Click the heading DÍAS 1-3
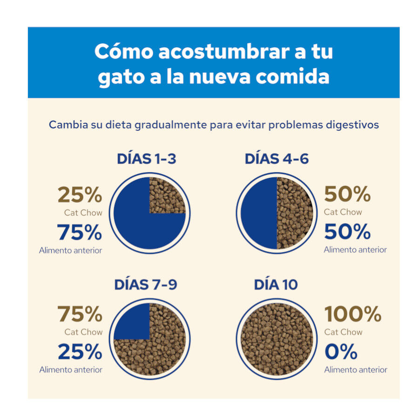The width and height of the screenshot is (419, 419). coord(146,159)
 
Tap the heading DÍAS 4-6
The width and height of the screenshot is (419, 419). coord(277,159)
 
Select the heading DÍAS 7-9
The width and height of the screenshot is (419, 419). coord(146,284)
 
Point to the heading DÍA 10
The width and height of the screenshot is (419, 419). coord(276,284)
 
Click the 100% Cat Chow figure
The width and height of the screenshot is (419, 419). coord(352,315)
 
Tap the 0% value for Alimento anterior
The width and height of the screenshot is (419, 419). coord(341,352)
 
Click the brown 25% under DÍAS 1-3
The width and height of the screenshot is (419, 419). coord(80,195)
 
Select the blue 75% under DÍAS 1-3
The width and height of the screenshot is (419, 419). coord(80,232)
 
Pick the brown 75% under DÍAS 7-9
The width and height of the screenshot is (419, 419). coord(80,315)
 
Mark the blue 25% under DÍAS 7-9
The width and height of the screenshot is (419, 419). coord(80,352)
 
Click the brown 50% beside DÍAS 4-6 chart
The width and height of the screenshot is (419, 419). coord(347,194)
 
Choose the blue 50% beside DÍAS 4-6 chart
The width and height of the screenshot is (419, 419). coord(347,231)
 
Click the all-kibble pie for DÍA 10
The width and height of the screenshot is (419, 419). coord(277,338)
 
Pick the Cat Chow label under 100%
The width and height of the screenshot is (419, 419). coord(343,332)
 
